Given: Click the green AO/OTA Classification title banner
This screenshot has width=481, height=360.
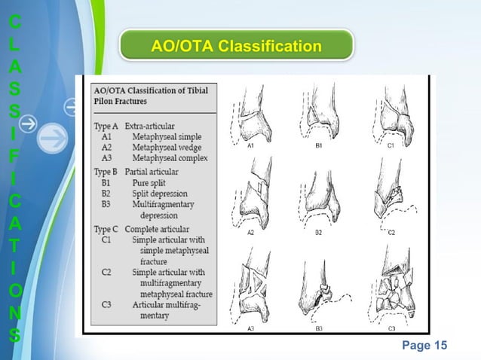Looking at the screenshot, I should point(236,47).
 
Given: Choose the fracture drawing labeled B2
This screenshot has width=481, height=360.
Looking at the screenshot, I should point(320,197).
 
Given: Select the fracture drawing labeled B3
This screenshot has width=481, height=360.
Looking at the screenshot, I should point(320,290).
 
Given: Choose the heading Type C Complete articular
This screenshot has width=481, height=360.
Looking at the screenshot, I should point(141,228).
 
